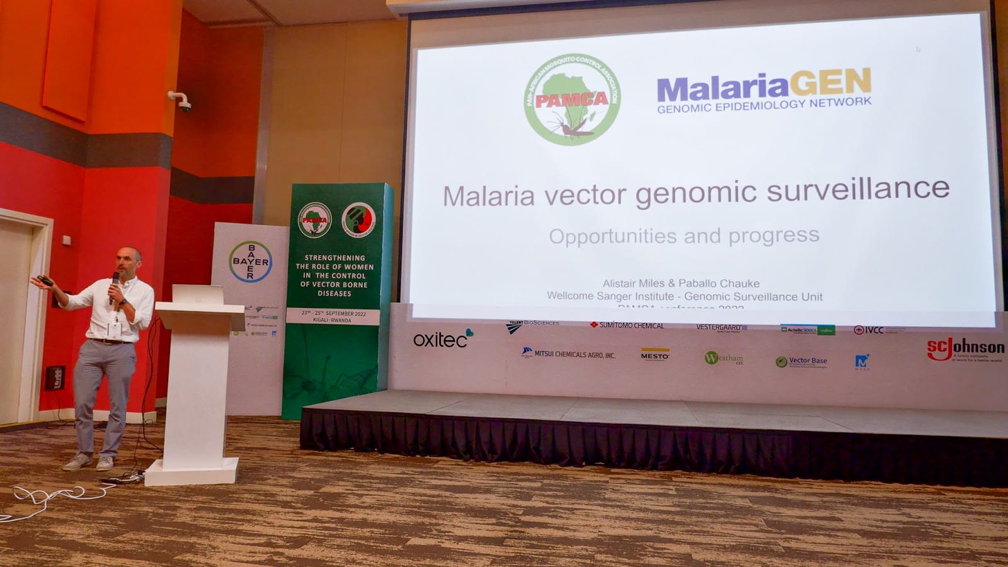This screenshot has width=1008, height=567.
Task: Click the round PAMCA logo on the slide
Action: (x=572, y=100)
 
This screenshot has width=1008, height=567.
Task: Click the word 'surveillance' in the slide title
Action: (x=857, y=190)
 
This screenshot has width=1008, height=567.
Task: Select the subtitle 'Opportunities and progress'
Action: (x=684, y=236)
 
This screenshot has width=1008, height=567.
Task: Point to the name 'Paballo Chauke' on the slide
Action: (x=719, y=283)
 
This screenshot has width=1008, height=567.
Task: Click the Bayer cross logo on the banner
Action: (x=251, y=261)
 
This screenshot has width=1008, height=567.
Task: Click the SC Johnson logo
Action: (x=965, y=349)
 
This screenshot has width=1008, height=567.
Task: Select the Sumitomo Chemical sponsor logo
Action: (x=627, y=325)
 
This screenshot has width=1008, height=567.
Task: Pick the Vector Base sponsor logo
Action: (x=801, y=362)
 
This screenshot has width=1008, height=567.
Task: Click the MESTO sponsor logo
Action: (x=655, y=355)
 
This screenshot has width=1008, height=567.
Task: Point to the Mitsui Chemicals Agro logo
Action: (x=568, y=354)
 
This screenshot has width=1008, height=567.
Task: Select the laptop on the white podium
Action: (x=198, y=294)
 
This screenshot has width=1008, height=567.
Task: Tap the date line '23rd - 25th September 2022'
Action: (x=333, y=313)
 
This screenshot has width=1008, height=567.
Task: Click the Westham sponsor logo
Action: (x=724, y=358)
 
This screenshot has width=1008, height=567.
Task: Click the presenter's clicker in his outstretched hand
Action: (x=44, y=280)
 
